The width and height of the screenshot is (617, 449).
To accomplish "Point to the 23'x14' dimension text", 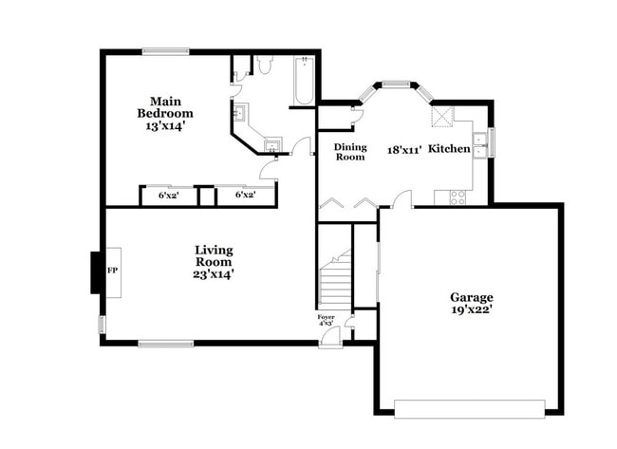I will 214,273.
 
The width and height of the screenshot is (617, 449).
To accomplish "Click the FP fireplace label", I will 111,271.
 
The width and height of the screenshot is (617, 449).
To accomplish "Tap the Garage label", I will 471,297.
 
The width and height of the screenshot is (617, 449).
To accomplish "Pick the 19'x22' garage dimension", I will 471,309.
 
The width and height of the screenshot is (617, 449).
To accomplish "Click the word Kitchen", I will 449,149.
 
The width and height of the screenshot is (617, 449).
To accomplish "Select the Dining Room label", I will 349,152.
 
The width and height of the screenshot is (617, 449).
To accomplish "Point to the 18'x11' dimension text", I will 403,149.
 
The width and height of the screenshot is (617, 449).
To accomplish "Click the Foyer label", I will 326,317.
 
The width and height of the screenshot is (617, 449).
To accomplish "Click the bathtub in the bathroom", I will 304,82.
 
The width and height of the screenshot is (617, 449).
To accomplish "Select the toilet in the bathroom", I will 264,66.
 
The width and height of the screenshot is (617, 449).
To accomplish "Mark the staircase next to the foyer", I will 334,280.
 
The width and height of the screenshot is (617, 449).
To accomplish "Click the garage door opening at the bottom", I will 469,409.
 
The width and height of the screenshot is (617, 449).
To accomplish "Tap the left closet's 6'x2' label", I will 169,195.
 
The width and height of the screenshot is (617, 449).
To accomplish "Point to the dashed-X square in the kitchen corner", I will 442,116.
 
